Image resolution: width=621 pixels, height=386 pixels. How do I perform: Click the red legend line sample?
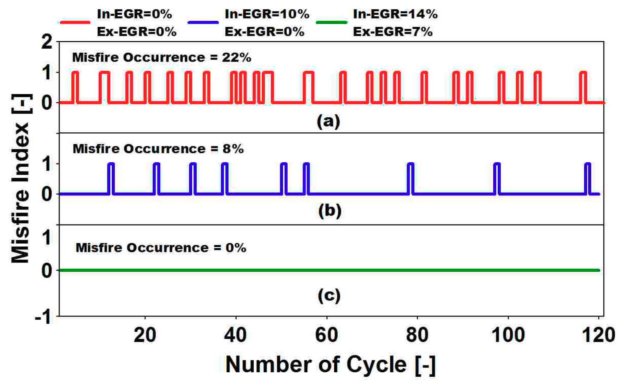pos(75,22)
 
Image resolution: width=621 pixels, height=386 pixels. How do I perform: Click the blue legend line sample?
pos(203,22)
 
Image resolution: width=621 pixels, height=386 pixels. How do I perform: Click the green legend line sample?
pos(331,22)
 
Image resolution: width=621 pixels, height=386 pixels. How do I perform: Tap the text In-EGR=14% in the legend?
pos(395,14)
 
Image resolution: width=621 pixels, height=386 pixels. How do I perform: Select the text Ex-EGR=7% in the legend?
pos(393,32)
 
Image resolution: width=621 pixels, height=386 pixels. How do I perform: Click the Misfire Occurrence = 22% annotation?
pos(162,57)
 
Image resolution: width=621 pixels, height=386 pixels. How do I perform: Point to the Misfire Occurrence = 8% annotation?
pos(158,149)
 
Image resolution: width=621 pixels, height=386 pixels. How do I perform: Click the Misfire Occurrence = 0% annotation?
pos(161,247)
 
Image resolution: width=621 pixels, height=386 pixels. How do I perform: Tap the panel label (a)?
pos(328,121)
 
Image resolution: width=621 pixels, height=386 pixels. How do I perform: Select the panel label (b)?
pos(330,210)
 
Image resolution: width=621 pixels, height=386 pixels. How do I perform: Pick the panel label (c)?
pos(329,295)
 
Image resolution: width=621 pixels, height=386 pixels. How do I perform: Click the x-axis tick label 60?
pos(326,335)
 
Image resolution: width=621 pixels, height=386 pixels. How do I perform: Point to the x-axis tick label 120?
pos(598,335)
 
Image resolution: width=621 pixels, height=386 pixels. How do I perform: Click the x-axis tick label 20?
pos(145,335)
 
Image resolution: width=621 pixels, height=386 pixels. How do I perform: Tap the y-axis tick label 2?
pos(47,42)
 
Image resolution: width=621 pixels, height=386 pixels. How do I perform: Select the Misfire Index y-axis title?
pos(21,178)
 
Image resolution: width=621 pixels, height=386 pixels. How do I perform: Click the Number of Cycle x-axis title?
pos(330,364)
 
